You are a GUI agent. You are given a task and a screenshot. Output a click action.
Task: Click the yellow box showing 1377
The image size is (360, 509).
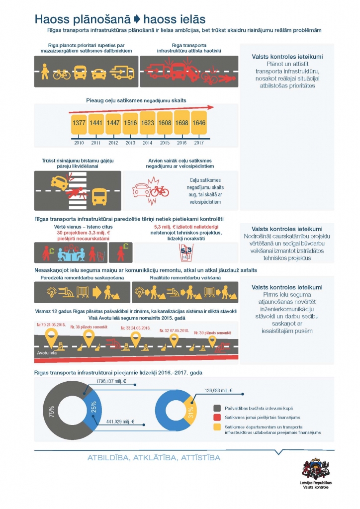(79, 122)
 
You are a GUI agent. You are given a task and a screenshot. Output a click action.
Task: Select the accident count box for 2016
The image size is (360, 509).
(181, 122)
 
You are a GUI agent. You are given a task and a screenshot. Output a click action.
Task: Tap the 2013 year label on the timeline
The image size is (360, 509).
(130, 143)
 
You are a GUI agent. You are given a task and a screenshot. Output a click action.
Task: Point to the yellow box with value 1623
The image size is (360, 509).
(148, 122)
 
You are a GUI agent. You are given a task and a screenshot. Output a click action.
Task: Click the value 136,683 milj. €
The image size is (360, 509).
(218, 391)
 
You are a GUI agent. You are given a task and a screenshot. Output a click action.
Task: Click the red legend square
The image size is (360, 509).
(215, 417)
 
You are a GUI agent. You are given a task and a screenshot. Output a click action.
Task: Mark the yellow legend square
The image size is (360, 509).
(215, 427)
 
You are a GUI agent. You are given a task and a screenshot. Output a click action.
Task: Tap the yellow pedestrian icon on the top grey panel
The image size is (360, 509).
(45, 71)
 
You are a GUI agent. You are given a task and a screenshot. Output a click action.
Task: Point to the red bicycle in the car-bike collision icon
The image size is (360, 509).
(160, 191)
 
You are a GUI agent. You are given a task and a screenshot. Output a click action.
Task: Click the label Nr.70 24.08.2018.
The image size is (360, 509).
(51, 324)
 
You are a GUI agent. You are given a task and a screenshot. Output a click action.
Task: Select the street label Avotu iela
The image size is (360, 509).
(47, 353)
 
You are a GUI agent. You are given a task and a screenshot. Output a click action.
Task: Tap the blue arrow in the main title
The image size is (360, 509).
(138, 19)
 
